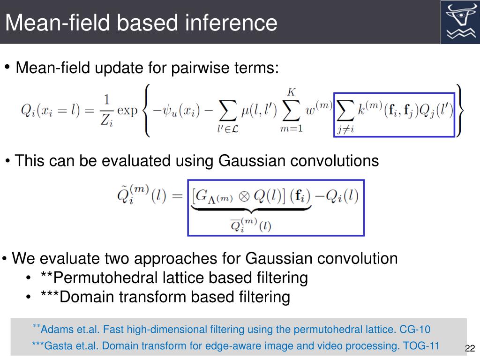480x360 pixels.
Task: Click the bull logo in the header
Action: tap(460, 22)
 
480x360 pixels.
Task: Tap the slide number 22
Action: tap(470, 348)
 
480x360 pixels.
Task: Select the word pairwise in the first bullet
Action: tap(201, 68)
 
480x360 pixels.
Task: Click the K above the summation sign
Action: tap(291, 92)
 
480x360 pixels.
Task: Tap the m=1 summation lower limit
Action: tap(291, 129)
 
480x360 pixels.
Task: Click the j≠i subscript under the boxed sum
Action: tap(345, 130)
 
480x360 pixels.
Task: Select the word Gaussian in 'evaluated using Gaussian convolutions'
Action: tap(250, 161)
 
